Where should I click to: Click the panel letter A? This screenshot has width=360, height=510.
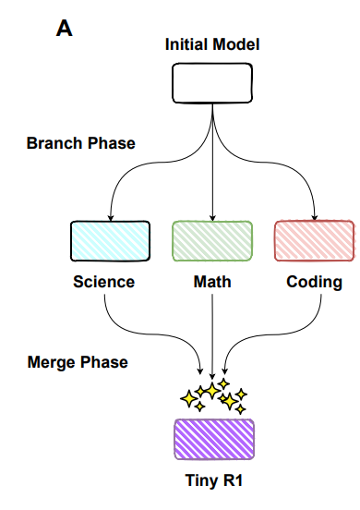pyautogui.click(x=65, y=29)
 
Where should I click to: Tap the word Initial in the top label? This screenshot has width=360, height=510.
pyautogui.click(x=187, y=44)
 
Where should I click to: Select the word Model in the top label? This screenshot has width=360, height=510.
pyautogui.click(x=235, y=44)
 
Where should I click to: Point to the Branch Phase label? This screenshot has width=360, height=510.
pyautogui.click(x=80, y=143)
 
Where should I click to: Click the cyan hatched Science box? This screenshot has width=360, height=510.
pyautogui.click(x=110, y=241)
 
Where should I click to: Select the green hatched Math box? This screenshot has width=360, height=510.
pyautogui.click(x=212, y=241)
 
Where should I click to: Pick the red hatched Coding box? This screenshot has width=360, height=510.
pyautogui.click(x=314, y=241)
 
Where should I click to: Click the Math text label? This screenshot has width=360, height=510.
pyautogui.click(x=212, y=282)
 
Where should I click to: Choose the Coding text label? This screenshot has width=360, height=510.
pyautogui.click(x=314, y=282)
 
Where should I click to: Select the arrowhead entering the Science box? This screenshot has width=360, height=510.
pyautogui.click(x=110, y=217)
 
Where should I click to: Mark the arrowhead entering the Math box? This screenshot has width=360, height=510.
pyautogui.click(x=212, y=217)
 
